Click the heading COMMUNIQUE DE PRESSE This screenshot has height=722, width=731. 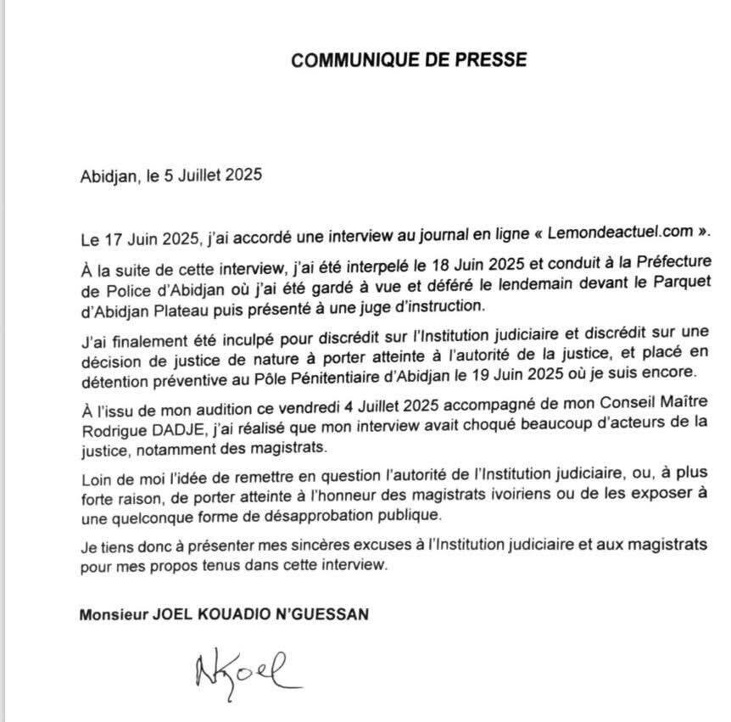tap(408, 60)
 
